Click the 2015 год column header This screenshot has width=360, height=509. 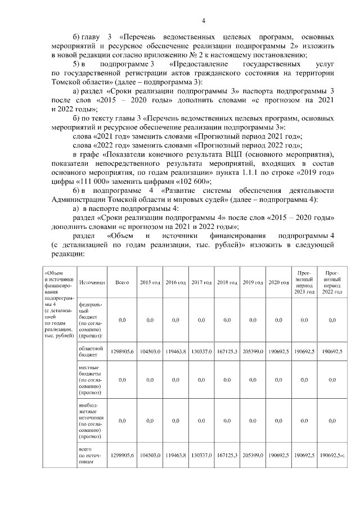(150, 282)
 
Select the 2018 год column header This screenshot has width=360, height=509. (227, 282)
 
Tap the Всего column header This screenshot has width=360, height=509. (122, 282)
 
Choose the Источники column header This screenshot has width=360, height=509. (89, 282)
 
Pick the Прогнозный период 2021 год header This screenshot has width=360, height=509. (304, 282)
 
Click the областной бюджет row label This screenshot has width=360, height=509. (89, 352)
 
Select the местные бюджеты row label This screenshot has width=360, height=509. (89, 380)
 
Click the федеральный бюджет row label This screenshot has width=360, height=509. (89, 319)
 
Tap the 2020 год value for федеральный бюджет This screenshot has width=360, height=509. (278, 319)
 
